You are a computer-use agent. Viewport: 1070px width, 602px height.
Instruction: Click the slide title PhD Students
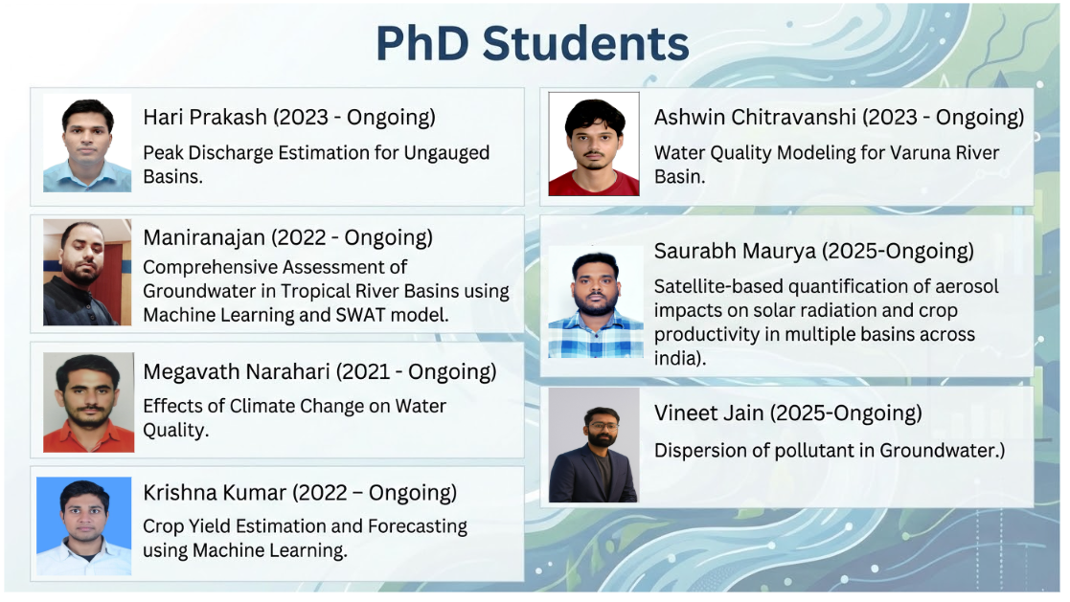532,44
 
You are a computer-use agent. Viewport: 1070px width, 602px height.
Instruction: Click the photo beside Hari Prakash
87,145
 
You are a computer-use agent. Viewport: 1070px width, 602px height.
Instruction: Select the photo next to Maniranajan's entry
87,273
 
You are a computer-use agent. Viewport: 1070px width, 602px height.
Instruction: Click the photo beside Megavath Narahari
88,402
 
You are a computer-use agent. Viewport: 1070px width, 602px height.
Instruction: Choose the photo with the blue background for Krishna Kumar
84,525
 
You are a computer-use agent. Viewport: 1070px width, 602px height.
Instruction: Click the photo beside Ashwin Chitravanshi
594,145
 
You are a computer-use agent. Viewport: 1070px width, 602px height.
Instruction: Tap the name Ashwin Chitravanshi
743,117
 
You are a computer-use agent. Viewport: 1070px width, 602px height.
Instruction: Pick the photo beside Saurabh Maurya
594,304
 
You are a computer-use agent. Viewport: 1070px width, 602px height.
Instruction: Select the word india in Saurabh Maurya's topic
676,358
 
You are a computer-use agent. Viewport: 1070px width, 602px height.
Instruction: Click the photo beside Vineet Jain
593,445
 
